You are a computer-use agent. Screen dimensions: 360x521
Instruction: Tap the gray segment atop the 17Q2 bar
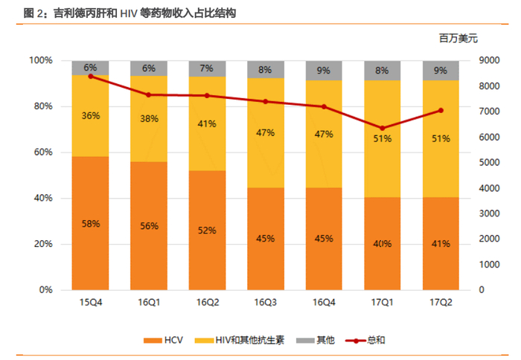pos(441,71)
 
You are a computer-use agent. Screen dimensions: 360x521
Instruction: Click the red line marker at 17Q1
pos(383,128)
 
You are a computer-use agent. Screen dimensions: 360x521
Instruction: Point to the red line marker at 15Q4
pos(90,76)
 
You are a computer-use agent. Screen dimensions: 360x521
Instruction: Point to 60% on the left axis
pos(40,152)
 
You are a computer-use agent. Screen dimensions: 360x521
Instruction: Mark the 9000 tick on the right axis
pos(488,60)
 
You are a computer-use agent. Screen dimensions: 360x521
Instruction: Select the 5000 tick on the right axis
pos(488,162)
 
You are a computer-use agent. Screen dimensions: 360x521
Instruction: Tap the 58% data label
pos(90,223)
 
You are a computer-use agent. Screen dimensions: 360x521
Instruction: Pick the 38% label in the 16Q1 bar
pos(149,118)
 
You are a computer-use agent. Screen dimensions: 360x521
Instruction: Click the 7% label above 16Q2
pos(207,68)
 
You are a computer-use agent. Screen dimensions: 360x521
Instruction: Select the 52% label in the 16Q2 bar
pos(207,231)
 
